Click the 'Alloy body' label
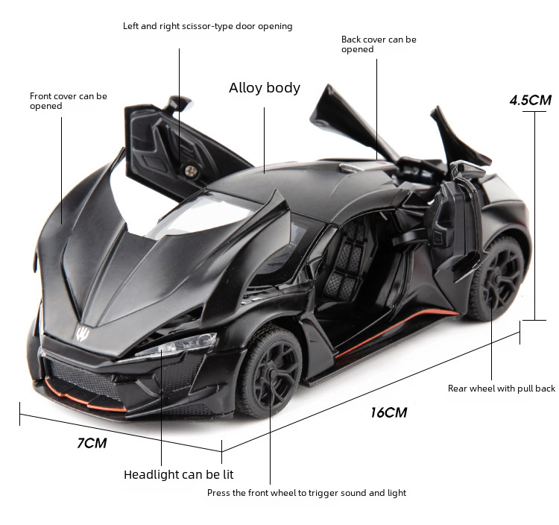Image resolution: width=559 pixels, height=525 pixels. pos(264,88)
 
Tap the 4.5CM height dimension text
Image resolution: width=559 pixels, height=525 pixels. pos(530,100)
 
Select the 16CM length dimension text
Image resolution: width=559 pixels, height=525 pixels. pos(388,412)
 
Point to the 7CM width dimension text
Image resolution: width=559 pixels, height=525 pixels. pos(92,443)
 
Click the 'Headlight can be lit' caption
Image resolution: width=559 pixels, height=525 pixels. pos(178,474)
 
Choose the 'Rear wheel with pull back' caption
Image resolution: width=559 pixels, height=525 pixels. pos(501,389)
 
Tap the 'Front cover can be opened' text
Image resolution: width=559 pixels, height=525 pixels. pos(68,101)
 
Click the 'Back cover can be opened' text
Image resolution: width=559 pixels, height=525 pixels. pos(378,44)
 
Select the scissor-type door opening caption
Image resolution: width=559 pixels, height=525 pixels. pos(207,26)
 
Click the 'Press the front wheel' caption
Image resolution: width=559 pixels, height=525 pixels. pos(306,493)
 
